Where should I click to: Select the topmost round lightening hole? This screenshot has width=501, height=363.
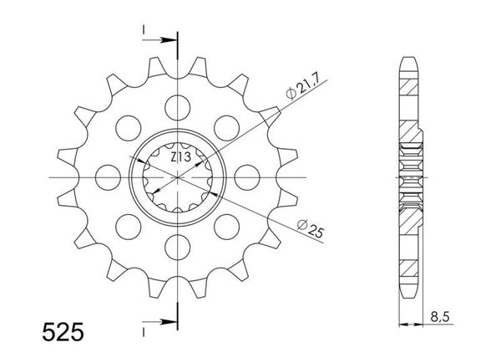178,105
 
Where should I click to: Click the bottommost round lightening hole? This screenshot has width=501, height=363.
178,246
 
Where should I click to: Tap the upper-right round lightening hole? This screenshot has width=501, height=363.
227,126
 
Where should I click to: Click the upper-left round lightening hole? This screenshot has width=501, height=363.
129,126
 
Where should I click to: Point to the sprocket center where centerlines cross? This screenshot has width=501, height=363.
178,176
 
